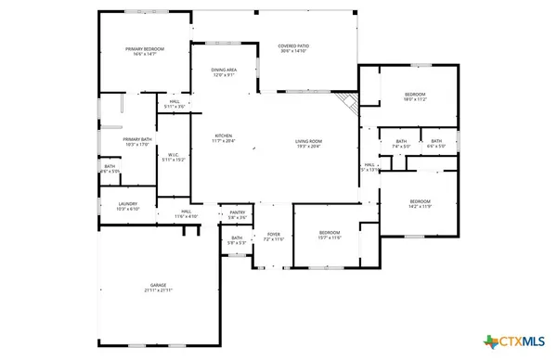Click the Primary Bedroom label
tap(146, 48)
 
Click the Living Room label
tap(307, 140)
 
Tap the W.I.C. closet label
tap(174, 155)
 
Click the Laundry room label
tap(128, 204)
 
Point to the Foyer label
tap(274, 235)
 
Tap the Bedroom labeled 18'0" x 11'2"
tap(414, 95)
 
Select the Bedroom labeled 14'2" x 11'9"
tap(421, 201)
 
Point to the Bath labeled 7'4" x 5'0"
tap(401, 141)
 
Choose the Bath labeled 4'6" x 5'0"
tap(435, 141)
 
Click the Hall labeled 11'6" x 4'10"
tap(186, 212)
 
